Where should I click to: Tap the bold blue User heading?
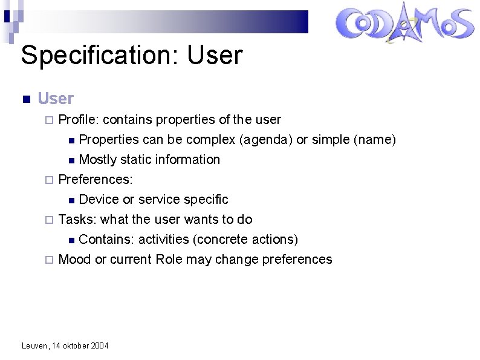click(x=56, y=98)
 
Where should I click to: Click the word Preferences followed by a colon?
click(x=96, y=180)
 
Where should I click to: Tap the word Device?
click(x=99, y=200)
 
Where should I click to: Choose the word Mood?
click(x=74, y=260)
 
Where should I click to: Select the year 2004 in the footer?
click(x=99, y=345)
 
